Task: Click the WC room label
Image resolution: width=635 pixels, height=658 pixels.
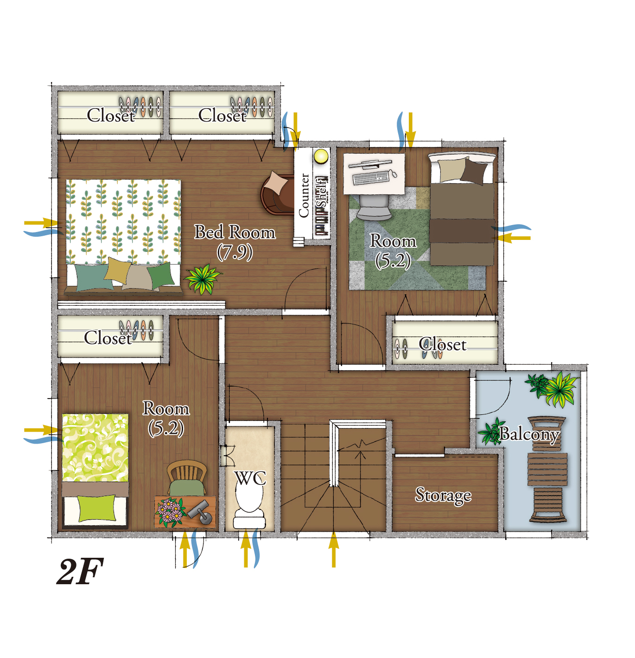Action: (x=250, y=478)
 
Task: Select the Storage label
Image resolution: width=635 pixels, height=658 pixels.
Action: (x=443, y=496)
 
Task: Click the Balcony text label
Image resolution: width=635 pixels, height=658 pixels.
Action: (x=529, y=434)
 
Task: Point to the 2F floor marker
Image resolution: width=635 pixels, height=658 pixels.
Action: (x=80, y=571)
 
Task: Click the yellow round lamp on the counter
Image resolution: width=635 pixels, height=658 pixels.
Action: (x=321, y=156)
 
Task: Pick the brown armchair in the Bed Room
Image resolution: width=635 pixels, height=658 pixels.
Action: (x=277, y=193)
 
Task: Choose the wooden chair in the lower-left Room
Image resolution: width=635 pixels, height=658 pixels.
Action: (x=187, y=478)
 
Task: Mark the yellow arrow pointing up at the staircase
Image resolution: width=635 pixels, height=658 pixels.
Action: (x=333, y=549)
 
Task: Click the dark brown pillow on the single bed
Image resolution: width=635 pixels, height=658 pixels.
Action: (x=474, y=171)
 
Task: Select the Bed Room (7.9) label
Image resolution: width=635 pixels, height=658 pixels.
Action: (x=235, y=242)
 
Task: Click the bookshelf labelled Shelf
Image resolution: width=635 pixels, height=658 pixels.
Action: (x=321, y=206)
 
